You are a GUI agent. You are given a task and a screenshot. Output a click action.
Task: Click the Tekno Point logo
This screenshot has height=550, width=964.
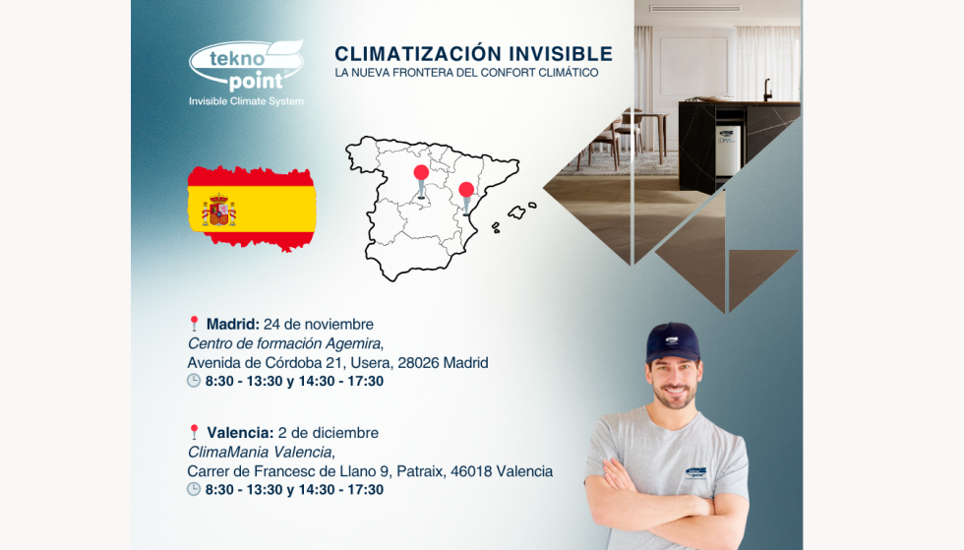point(246,66)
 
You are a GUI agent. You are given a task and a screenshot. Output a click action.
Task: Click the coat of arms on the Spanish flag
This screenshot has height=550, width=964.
point(218,210)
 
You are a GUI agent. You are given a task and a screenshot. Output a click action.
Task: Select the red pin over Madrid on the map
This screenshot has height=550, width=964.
point(421,181)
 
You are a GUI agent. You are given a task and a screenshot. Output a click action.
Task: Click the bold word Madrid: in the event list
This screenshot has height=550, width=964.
point(233,325)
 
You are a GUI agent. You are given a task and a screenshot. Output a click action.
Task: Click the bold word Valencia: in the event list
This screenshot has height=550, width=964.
point(240,433)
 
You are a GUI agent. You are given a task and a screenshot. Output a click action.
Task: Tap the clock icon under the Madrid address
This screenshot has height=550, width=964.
point(194,381)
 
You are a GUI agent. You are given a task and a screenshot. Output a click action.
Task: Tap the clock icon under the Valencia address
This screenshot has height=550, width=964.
point(194,490)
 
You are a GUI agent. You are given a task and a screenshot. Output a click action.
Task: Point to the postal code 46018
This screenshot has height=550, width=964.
point(471,472)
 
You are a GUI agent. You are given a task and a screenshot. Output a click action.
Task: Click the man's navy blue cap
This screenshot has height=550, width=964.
point(672,342)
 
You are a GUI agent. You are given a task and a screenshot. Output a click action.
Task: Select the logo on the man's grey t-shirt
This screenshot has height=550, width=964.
point(695,473)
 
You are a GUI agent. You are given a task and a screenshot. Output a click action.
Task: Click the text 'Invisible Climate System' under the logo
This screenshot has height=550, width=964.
point(246,101)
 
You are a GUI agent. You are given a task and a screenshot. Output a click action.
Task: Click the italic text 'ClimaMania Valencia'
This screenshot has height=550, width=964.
point(260,453)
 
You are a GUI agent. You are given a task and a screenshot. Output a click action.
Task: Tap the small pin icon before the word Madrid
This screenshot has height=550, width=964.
point(195,324)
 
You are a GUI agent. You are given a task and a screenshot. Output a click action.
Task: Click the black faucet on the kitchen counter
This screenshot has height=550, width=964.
point(768,90)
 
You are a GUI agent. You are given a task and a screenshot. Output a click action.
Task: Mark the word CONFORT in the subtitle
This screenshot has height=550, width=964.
point(509,73)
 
